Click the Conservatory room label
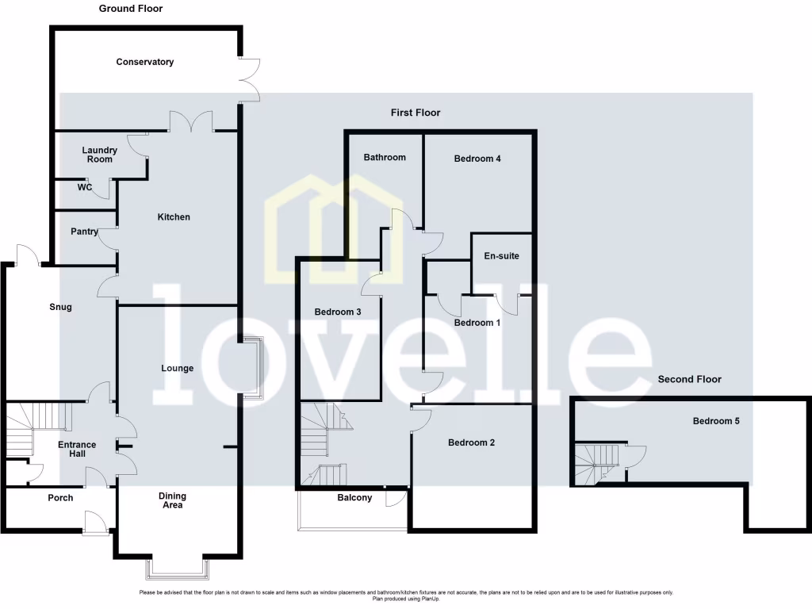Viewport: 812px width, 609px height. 144,62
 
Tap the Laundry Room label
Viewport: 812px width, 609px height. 100,155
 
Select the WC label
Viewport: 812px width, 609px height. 85,188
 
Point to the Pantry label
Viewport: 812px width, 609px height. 84,232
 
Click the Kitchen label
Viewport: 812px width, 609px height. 174,217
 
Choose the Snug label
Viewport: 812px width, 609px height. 60,307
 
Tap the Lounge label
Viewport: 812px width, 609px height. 177,369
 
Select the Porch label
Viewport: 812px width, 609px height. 60,498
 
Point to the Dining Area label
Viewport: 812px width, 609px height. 172,501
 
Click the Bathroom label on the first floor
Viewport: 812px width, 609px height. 385,158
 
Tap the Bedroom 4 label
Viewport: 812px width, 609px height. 477,159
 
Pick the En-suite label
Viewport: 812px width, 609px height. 501,256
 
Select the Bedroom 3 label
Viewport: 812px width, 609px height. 338,312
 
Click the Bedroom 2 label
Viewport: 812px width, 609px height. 471,442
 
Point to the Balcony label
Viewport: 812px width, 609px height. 354,498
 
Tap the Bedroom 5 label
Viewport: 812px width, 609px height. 716,421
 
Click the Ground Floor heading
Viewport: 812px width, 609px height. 131,9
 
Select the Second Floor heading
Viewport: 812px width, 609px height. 690,380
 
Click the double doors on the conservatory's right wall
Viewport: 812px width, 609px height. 250,79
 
